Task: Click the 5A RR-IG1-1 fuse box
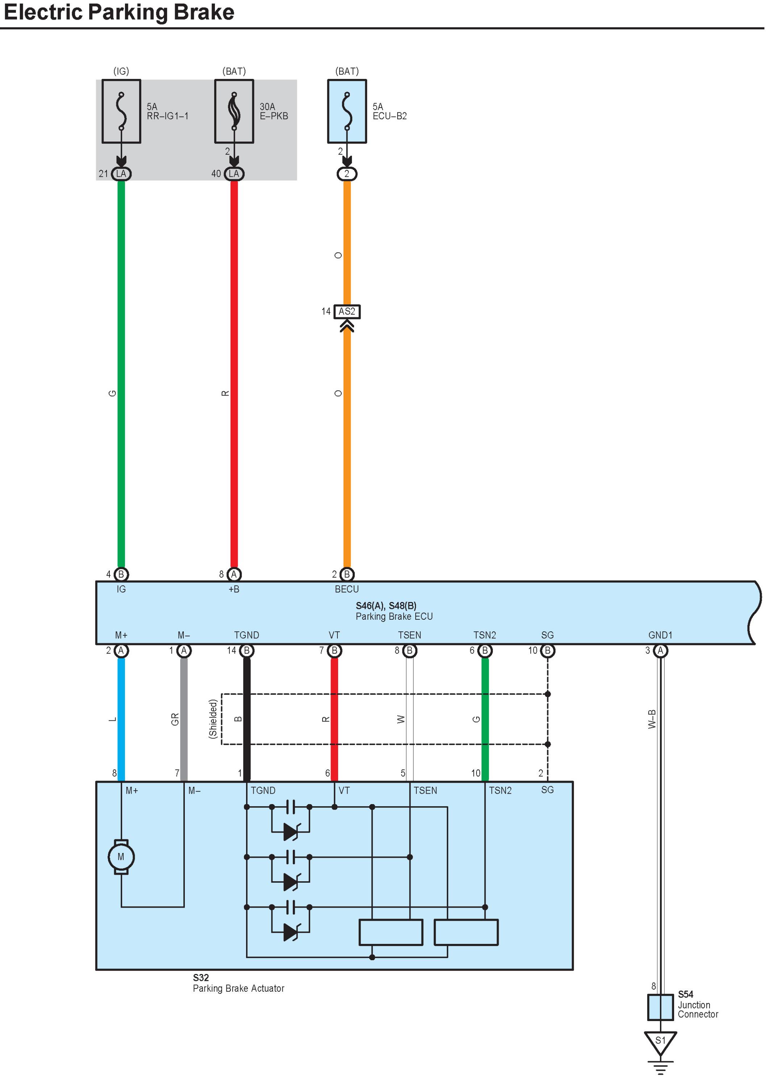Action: click(x=121, y=111)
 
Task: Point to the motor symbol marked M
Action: click(x=121, y=857)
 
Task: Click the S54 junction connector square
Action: click(x=660, y=1007)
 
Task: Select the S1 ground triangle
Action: click(x=660, y=1041)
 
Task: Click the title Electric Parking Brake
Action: click(x=119, y=12)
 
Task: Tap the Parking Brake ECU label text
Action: click(x=394, y=616)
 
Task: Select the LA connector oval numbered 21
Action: click(x=121, y=174)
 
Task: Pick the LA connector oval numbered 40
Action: click(x=234, y=174)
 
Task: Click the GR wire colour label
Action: click(x=175, y=719)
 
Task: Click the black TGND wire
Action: click(x=247, y=739)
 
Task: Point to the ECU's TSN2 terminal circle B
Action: click(x=485, y=651)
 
